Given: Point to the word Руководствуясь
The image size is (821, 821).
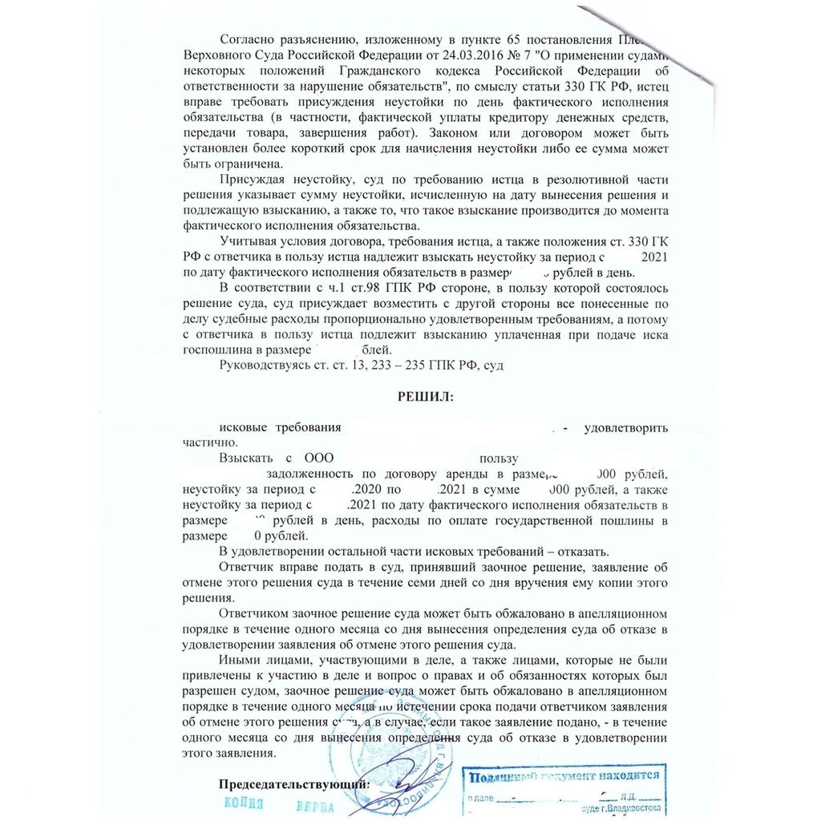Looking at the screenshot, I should click(268, 366).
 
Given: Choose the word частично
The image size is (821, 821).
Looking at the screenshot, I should click(209, 443).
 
